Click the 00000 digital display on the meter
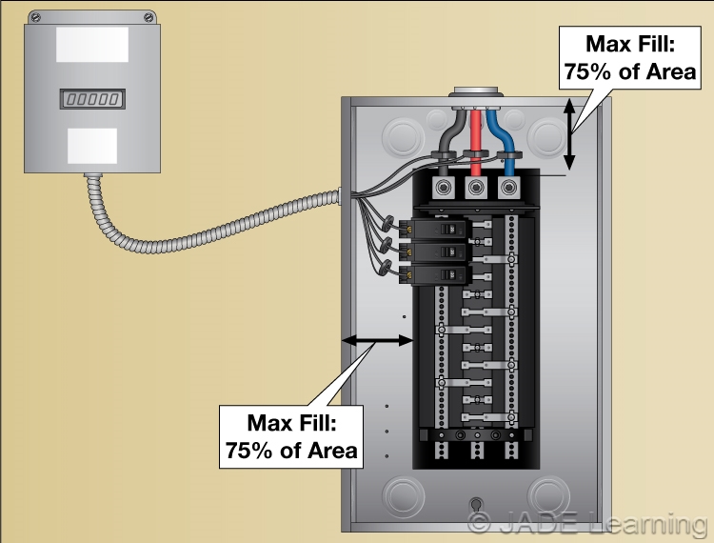click(x=92, y=97)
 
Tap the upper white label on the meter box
click(x=92, y=45)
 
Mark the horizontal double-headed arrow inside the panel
click(x=377, y=340)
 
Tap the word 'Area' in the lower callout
click(x=325, y=450)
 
